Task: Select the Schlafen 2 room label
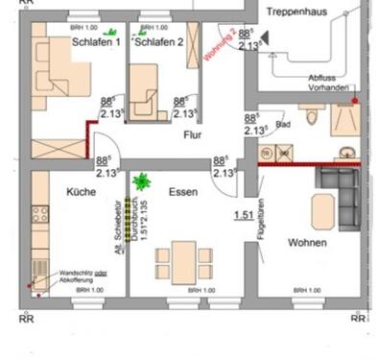pos(159,43)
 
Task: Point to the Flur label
pos(194,135)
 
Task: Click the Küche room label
pos(81,192)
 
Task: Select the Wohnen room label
pos(307,244)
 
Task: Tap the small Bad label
pos(281,125)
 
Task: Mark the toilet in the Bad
pos(316,117)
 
